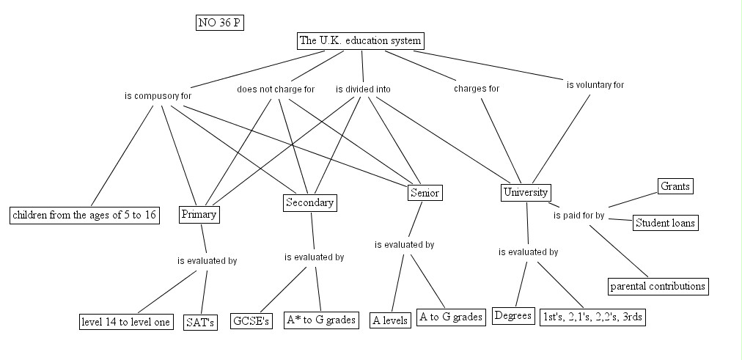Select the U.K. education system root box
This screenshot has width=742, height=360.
pos(361,41)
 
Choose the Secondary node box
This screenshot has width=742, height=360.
pos(309,203)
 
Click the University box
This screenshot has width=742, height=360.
pos(526,193)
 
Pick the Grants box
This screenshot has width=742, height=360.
pos(675,186)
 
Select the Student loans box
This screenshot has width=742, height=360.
pos(665,223)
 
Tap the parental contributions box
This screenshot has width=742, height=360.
pos(658,286)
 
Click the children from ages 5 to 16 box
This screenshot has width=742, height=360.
pos(85,216)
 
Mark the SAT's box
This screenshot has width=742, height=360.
pos(199,323)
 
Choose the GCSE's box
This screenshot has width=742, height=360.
pos(251,320)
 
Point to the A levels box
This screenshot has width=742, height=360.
pos(390,320)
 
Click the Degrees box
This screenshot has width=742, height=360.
pos(513,316)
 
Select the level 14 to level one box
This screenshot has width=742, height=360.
pos(126,322)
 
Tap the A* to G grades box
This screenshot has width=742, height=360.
pos(321,320)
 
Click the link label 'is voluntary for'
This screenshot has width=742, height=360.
pos(595,85)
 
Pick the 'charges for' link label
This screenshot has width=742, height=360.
pos(477,89)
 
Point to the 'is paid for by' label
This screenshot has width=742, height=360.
pos(578,216)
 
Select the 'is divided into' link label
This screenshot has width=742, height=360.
pos(363,89)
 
